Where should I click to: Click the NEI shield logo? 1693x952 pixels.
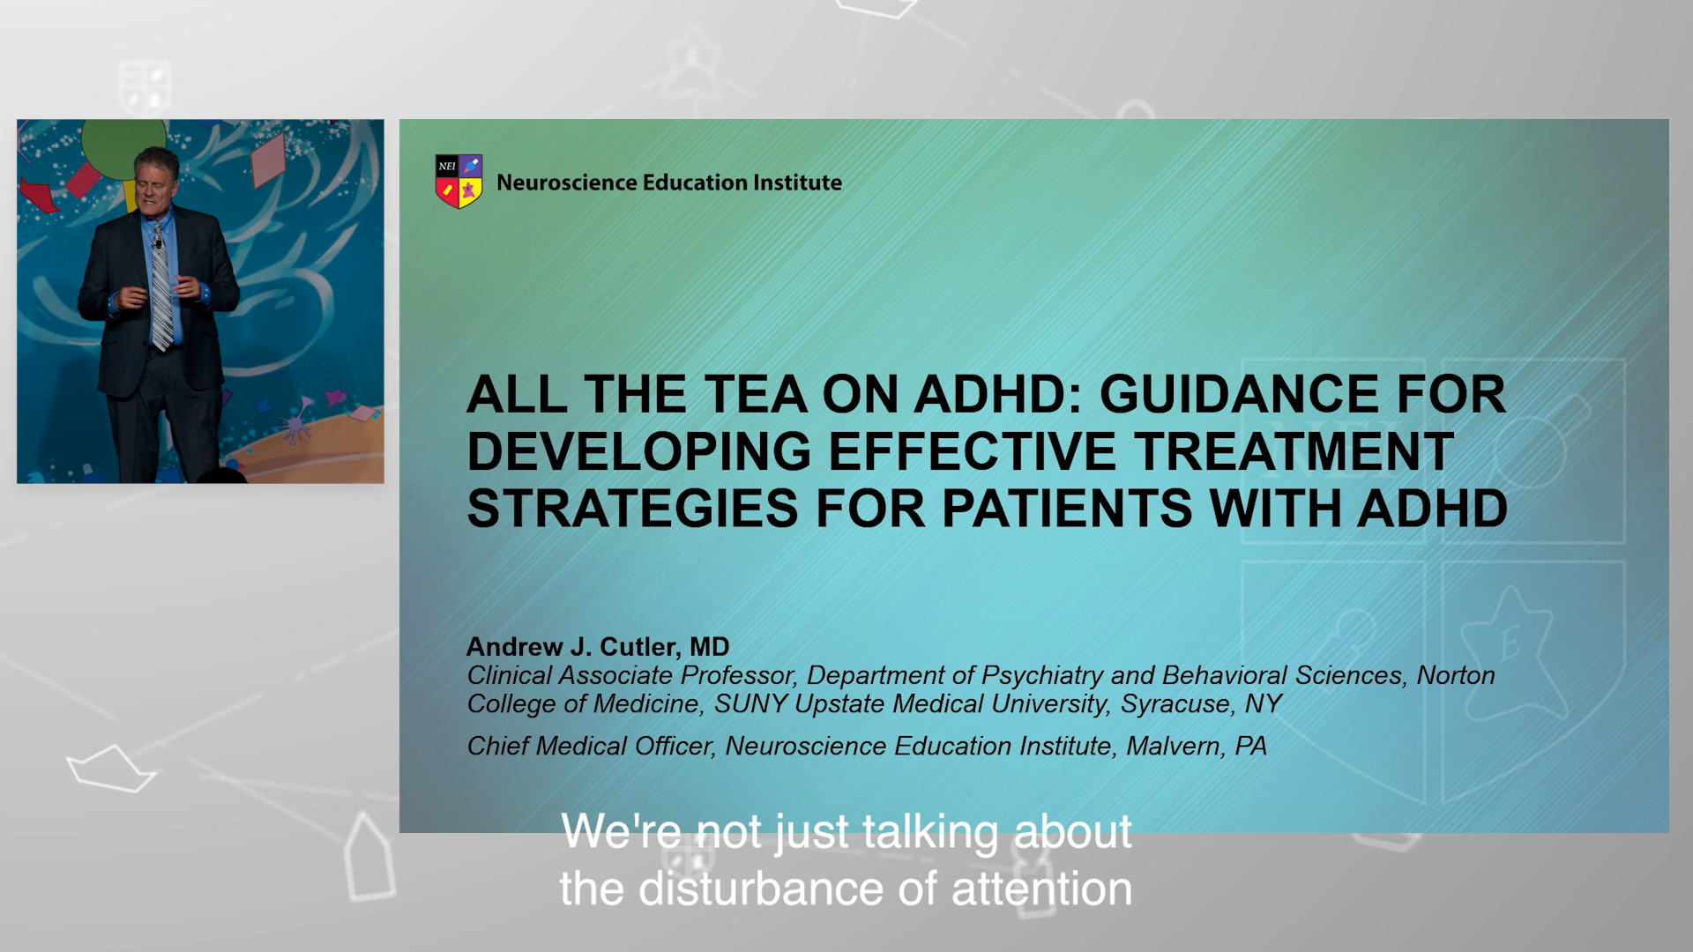tap(459, 182)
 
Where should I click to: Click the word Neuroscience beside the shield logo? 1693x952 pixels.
tap(567, 182)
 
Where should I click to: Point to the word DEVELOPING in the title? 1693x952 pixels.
tap(639, 451)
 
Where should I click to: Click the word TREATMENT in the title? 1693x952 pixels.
tap(1294, 451)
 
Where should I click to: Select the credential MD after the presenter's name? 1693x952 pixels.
tap(710, 647)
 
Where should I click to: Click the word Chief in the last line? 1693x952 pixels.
tap(498, 747)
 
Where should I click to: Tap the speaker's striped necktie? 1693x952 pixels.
tap(161, 286)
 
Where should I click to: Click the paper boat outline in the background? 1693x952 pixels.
tap(110, 769)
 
